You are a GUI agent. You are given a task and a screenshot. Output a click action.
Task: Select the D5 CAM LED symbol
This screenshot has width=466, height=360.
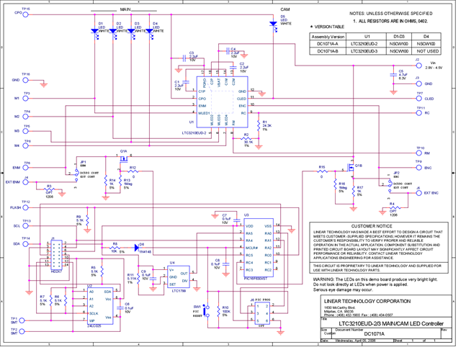click(273, 24)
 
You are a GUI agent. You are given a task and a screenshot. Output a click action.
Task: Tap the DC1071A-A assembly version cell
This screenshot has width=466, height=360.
click(328, 43)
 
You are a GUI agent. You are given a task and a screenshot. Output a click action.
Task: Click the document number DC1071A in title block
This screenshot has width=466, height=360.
click(375, 333)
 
